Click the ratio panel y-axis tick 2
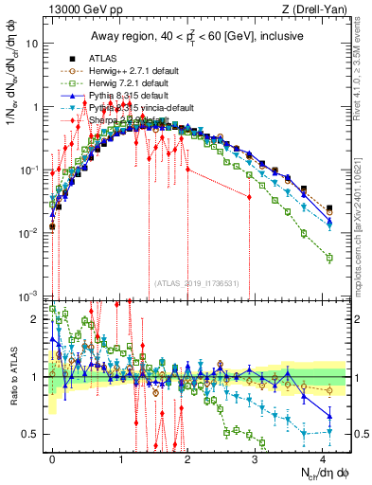(37, 319)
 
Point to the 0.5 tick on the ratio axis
(32, 434)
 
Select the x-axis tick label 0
(52, 458)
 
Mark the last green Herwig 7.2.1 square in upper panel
(328, 258)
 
